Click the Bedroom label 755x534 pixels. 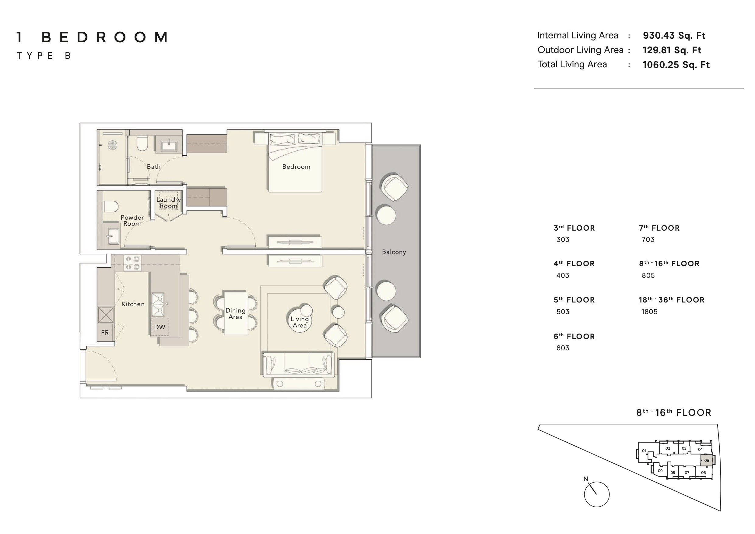(x=296, y=167)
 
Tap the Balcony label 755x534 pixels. (x=394, y=252)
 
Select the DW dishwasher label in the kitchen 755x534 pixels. (x=160, y=327)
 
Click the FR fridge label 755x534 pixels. (x=105, y=333)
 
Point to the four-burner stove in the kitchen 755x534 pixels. (x=133, y=263)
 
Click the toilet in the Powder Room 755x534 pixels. (x=111, y=207)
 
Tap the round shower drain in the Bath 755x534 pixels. (x=113, y=145)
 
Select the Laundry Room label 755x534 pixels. (x=168, y=203)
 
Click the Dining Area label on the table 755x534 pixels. (x=235, y=313)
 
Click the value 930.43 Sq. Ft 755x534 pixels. (x=674, y=36)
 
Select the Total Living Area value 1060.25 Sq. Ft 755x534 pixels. (x=676, y=65)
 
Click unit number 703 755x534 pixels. (x=648, y=239)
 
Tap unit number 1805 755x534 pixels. (x=649, y=312)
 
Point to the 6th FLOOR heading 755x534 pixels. (x=574, y=336)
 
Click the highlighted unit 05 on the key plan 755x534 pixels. (x=707, y=460)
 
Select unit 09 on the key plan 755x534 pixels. (x=660, y=471)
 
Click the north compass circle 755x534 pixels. (x=596, y=494)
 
